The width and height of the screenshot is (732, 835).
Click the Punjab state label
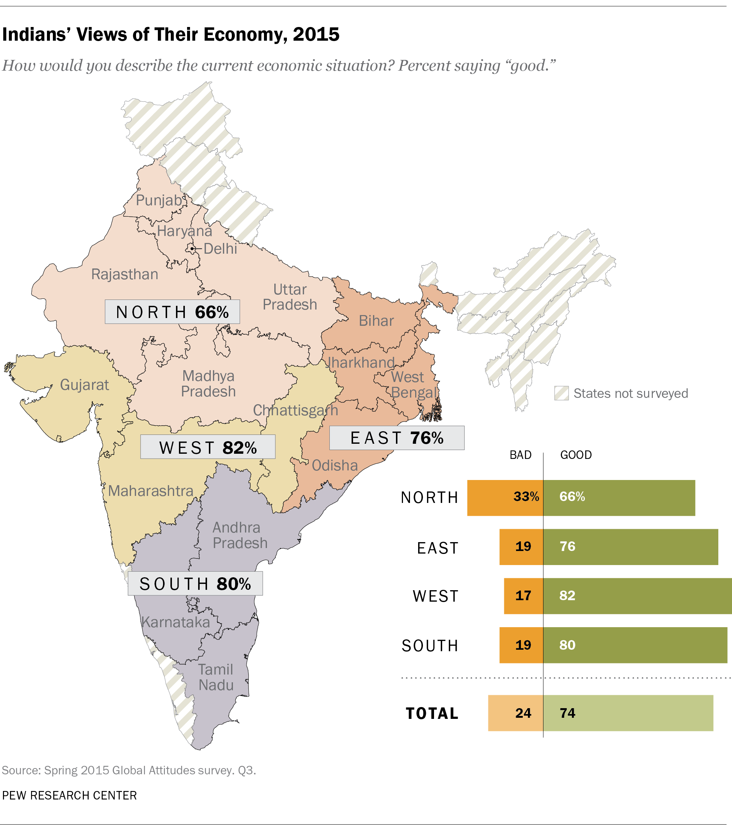pyautogui.click(x=159, y=200)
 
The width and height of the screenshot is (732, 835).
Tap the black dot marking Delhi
pyautogui.click(x=192, y=249)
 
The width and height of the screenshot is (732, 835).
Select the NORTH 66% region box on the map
pyautogui.click(x=172, y=312)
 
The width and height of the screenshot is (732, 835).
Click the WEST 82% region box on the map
pyautogui.click(x=207, y=447)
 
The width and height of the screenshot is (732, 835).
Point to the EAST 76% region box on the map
pyautogui.click(x=396, y=437)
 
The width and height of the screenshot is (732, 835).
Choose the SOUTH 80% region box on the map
pyautogui.click(x=195, y=584)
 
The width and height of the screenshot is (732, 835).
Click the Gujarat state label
pyautogui.click(x=84, y=385)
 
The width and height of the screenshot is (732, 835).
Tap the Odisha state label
pyautogui.click(x=335, y=465)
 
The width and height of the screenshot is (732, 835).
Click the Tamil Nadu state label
pyautogui.click(x=216, y=677)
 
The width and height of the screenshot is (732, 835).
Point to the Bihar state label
pyautogui.click(x=376, y=321)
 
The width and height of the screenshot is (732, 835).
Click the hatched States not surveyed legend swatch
pyautogui.click(x=561, y=393)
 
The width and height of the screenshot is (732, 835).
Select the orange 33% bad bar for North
pyautogui.click(x=505, y=498)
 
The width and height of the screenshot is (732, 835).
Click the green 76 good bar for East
pyautogui.click(x=630, y=547)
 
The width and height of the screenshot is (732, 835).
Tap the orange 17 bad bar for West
pyautogui.click(x=523, y=596)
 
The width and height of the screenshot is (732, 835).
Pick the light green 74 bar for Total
pyautogui.click(x=628, y=713)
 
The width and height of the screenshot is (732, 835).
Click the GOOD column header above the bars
pyautogui.click(x=576, y=455)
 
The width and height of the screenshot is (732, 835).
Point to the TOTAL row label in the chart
pyautogui.click(x=432, y=713)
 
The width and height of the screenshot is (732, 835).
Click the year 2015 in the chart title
pyautogui.click(x=316, y=34)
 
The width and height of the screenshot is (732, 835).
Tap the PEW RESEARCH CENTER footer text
pyautogui.click(x=70, y=795)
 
